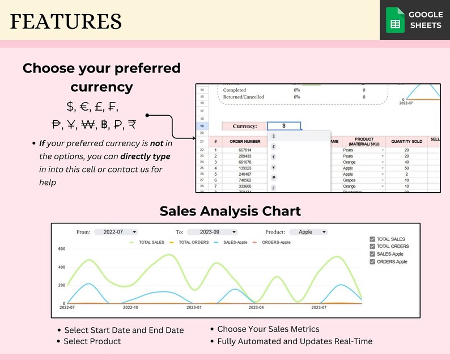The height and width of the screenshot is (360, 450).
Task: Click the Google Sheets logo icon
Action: pyautogui.click(x=396, y=20)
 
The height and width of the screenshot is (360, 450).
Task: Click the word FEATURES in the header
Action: pyautogui.click(x=66, y=22)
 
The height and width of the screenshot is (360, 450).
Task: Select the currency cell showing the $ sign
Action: pyautogui.click(x=283, y=126)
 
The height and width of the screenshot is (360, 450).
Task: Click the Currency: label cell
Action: pyautogui.click(x=244, y=126)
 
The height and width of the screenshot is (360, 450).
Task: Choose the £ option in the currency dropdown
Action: pyautogui.click(x=274, y=146)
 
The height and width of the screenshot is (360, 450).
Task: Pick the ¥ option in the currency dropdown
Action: pyautogui.click(x=274, y=167)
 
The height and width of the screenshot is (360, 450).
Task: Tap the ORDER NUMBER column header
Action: pyautogui.click(x=245, y=141)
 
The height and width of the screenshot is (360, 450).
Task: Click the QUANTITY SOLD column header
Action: pyautogui.click(x=406, y=141)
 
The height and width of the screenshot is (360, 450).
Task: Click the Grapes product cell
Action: pyautogui.click(x=350, y=180)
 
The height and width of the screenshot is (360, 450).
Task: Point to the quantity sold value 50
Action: pyautogui.click(x=406, y=168)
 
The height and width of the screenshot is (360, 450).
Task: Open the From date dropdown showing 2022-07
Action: pyautogui.click(x=116, y=232)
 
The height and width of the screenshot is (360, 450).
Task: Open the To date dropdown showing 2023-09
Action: pyautogui.click(x=212, y=232)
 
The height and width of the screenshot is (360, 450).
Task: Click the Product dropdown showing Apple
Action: pyautogui.click(x=308, y=232)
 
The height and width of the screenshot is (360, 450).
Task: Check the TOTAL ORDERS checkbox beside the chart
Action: pyautogui.click(x=372, y=247)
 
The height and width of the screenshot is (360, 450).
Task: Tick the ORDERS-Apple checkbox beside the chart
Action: pyautogui.click(x=372, y=262)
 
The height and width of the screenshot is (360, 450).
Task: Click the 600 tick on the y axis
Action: pyautogui.click(x=62, y=249)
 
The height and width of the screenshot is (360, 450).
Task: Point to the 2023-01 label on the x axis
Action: pyautogui.click(x=194, y=307)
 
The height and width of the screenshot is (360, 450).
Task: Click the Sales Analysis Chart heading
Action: pyautogui.click(x=230, y=211)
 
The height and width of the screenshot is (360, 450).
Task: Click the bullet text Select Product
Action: pyautogui.click(x=92, y=341)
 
